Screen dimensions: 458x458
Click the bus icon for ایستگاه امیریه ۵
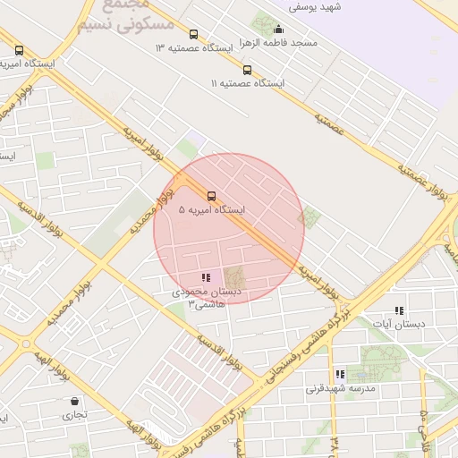212,195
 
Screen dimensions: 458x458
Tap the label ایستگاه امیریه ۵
212,209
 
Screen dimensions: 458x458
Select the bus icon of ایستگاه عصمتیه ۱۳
193,34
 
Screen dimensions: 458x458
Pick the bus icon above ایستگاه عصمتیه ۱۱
247,70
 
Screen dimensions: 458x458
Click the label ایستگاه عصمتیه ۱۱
247,82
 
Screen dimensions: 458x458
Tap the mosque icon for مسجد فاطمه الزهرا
278,29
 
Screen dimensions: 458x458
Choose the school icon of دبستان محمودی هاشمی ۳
205,278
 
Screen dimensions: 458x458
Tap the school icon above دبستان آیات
399,310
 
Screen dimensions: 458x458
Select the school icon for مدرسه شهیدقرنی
339,374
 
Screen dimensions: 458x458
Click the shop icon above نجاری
73,401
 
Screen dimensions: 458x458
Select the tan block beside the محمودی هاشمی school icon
233,278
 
